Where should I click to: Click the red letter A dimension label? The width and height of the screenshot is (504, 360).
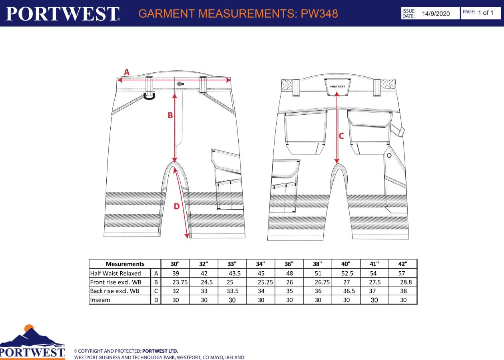point(127,72)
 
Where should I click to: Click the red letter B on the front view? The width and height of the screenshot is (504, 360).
point(170,115)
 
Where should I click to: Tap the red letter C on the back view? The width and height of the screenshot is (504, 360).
point(341,136)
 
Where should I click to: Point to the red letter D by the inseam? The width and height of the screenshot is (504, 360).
point(177,206)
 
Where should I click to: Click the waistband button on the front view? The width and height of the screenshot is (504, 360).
point(180,84)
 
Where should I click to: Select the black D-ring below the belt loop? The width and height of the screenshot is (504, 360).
point(149,96)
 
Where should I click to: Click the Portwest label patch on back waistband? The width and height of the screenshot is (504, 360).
point(337,87)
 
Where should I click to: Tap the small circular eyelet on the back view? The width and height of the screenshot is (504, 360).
point(389,155)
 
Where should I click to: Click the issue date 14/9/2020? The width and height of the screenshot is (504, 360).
point(436,14)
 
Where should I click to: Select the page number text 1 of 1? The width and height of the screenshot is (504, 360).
point(486,13)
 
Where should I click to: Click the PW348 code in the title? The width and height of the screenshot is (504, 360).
point(319,14)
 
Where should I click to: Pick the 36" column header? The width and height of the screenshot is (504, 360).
point(289,264)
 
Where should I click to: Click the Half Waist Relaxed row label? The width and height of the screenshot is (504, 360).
point(116,273)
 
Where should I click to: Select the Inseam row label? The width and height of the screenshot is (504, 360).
point(100,300)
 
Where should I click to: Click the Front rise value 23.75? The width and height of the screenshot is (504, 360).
point(180,282)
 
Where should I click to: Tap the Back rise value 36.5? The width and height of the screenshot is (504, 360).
point(349,291)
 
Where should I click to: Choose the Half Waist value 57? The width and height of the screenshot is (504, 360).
point(402,273)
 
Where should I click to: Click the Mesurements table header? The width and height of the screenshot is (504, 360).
point(125,264)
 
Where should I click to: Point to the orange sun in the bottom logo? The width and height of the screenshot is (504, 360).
point(29,328)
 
